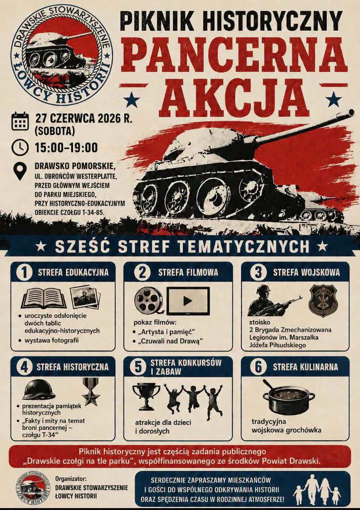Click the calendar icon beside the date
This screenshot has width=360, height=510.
pos(20,121)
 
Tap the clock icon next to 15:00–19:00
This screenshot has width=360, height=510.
pos(20,147)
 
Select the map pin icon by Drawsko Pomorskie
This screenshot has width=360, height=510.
pos(20,171)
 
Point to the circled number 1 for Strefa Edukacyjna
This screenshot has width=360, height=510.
pos(24,273)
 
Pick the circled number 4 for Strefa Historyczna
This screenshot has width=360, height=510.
pos(24,367)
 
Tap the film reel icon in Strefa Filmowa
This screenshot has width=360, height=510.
pos(149,300)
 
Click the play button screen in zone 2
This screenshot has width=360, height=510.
pos(188,301)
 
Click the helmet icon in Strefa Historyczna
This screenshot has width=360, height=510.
pos(39,389)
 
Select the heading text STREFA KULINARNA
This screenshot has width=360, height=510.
pos(305,367)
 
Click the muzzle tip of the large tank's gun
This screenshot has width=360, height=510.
pos(351,113)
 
